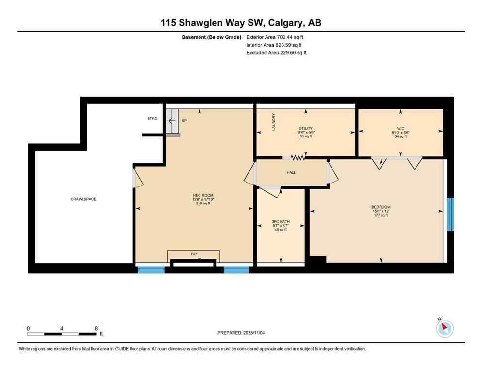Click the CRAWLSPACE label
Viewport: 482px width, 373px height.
(x=83, y=199)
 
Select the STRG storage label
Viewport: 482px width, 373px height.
(x=153, y=118)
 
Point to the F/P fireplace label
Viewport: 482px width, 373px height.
(x=194, y=254)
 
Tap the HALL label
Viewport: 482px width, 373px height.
(x=291, y=172)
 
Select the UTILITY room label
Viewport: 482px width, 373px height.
(x=305, y=128)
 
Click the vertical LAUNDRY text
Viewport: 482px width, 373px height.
(x=274, y=123)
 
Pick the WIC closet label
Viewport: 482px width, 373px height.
(x=400, y=129)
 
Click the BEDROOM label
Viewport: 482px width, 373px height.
(x=381, y=207)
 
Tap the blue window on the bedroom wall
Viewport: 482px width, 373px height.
(x=450, y=214)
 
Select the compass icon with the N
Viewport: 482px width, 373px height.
(x=445, y=328)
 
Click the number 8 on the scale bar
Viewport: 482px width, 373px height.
(x=96, y=328)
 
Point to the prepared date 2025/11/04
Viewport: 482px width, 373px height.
(x=241, y=333)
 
